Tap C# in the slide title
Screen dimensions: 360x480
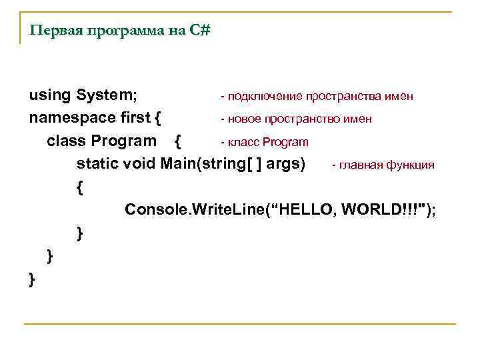pyautogui.click(x=199, y=31)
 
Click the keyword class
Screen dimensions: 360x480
pyautogui.click(x=67, y=141)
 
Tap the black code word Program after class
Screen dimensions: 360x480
pyautogui.click(x=124, y=141)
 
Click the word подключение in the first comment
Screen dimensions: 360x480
pyautogui.click(x=265, y=97)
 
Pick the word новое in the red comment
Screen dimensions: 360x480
pyautogui.click(x=245, y=119)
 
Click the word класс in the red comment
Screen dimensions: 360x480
pyautogui.click(x=244, y=142)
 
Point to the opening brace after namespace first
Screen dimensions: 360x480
pyautogui.click(x=157, y=119)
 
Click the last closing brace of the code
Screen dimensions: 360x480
pyautogui.click(x=32, y=279)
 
